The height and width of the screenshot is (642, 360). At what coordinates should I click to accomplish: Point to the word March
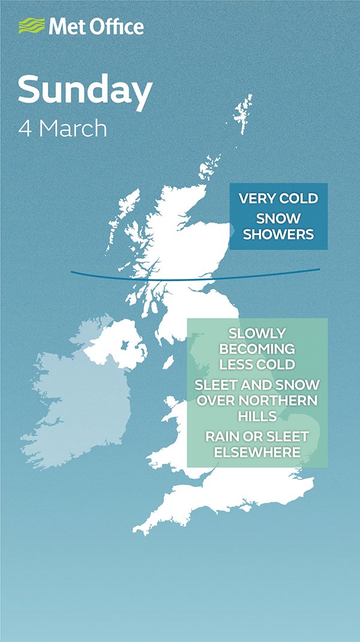pos(73,129)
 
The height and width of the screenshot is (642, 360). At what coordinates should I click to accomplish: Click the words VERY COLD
pos(278,199)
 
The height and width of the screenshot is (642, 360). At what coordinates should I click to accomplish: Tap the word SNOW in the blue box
pos(278,218)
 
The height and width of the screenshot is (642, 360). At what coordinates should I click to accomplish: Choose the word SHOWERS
pos(278,234)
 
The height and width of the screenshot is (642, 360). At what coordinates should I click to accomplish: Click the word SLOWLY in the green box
pos(257,333)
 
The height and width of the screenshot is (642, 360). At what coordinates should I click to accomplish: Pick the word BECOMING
pos(257,349)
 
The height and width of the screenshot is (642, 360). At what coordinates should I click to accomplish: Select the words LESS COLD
pos(257,364)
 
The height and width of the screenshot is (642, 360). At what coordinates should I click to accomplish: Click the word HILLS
pos(257,416)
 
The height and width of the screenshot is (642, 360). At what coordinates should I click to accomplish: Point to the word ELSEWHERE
pos(257,452)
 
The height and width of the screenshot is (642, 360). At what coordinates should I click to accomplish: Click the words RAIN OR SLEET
pos(257,436)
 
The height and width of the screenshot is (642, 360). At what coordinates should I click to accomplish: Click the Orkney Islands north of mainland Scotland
pos(211,164)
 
